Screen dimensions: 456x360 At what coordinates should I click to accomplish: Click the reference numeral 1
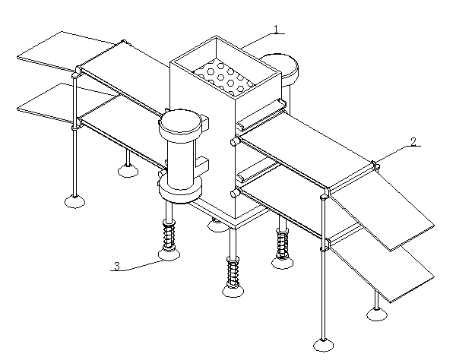(x=276, y=29)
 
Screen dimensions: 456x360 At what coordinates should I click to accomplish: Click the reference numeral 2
(x=413, y=141)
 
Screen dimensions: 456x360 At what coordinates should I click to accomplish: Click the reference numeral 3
(x=117, y=266)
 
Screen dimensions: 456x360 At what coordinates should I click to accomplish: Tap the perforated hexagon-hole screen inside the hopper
(x=223, y=77)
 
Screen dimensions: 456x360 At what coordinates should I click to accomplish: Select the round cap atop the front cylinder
(x=180, y=122)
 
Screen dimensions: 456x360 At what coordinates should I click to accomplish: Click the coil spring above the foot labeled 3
(x=169, y=235)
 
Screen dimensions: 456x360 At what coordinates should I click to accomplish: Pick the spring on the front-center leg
(x=233, y=271)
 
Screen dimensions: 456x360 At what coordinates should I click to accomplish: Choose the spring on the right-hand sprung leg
(x=282, y=244)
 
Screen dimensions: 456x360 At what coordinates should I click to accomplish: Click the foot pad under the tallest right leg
(x=323, y=345)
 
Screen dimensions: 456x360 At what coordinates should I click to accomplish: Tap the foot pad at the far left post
(x=75, y=201)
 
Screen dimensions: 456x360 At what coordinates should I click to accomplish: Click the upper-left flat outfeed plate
(x=68, y=50)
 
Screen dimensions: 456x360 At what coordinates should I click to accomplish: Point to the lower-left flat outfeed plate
(x=67, y=103)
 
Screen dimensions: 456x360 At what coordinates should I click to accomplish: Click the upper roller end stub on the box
(x=235, y=142)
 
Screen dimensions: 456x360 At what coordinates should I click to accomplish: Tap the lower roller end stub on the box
(x=235, y=193)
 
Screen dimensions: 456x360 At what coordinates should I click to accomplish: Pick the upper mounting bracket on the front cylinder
(x=204, y=122)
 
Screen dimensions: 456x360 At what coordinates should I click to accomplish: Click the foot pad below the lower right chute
(x=377, y=314)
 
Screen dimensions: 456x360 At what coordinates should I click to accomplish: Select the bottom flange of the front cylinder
(x=180, y=191)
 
